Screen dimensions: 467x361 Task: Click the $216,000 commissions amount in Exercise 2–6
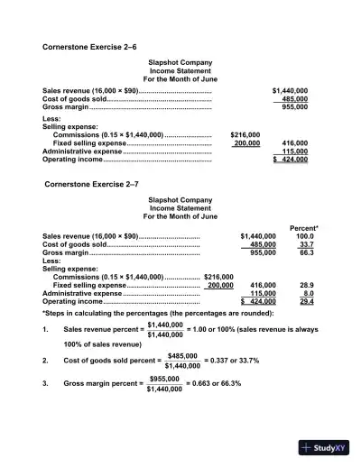pos(245,134)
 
